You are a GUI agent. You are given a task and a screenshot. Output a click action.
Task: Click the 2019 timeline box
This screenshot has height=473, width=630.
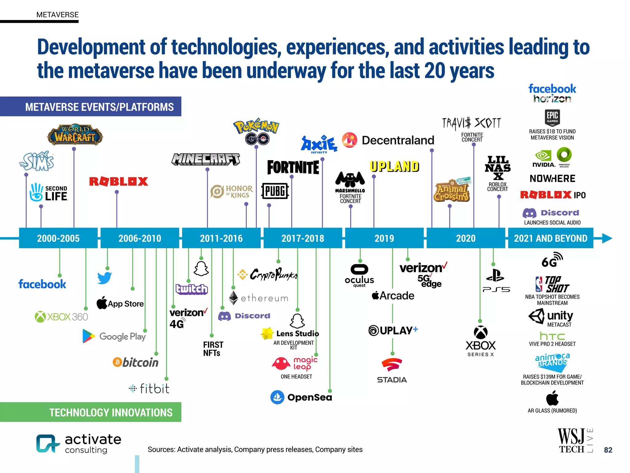pos(384,238)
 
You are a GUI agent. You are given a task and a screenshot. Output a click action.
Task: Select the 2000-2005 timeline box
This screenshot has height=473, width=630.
pos(58,238)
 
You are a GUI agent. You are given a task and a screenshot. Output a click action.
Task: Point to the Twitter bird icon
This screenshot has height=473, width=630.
pos(104,278)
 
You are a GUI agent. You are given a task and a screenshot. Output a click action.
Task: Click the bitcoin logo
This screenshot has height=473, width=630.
pos(136,362)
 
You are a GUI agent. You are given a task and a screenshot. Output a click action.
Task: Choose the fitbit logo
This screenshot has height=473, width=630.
pos(149,389)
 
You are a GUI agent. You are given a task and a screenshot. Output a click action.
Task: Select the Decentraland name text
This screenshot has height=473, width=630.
pos(398,140)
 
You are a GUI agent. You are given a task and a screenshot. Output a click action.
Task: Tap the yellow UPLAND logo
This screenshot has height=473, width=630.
pos(394,167)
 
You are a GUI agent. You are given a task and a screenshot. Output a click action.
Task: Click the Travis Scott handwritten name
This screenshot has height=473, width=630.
pos(472,123)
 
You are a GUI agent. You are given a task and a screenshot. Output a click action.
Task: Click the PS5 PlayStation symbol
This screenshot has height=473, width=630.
pos(495,276)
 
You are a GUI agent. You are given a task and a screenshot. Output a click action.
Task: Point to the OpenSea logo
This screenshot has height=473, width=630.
pos(301,397)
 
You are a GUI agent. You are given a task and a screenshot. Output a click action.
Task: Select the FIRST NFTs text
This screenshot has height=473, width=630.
pos(213,349)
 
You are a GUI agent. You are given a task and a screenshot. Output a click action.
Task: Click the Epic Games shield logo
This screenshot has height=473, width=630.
pos(552,117)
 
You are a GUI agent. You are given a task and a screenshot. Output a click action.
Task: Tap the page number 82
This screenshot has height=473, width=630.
pos(608,450)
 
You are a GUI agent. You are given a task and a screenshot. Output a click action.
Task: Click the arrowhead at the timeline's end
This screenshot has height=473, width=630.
pos(607,238)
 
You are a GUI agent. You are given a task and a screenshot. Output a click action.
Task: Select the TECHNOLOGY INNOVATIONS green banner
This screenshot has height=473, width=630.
pos(91,412)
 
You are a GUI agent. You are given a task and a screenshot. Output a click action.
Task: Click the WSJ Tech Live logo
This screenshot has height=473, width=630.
pos(575,441)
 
